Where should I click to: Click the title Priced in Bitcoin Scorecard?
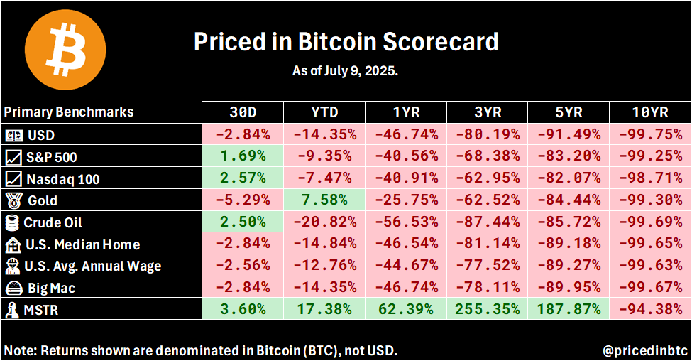[x=346, y=42]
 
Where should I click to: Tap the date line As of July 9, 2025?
[x=346, y=71]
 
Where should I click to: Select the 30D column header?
[x=243, y=112]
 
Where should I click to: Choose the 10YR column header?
[x=650, y=112]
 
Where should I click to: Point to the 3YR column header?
[x=487, y=112]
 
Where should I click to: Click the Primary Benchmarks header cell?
[x=69, y=112]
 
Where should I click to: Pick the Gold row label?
[x=43, y=200]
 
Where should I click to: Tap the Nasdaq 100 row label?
[x=62, y=178]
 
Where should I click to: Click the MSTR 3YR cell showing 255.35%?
[x=487, y=310]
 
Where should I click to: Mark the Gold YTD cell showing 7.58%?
[x=324, y=200]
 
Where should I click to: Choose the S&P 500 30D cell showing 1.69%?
[x=243, y=156]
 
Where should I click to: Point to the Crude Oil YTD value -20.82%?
[x=324, y=222]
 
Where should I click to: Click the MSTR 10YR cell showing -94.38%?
[x=650, y=310]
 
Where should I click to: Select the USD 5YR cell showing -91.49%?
[x=569, y=134]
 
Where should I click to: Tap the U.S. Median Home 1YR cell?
[x=406, y=244]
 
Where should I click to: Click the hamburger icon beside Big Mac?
[x=13, y=289]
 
